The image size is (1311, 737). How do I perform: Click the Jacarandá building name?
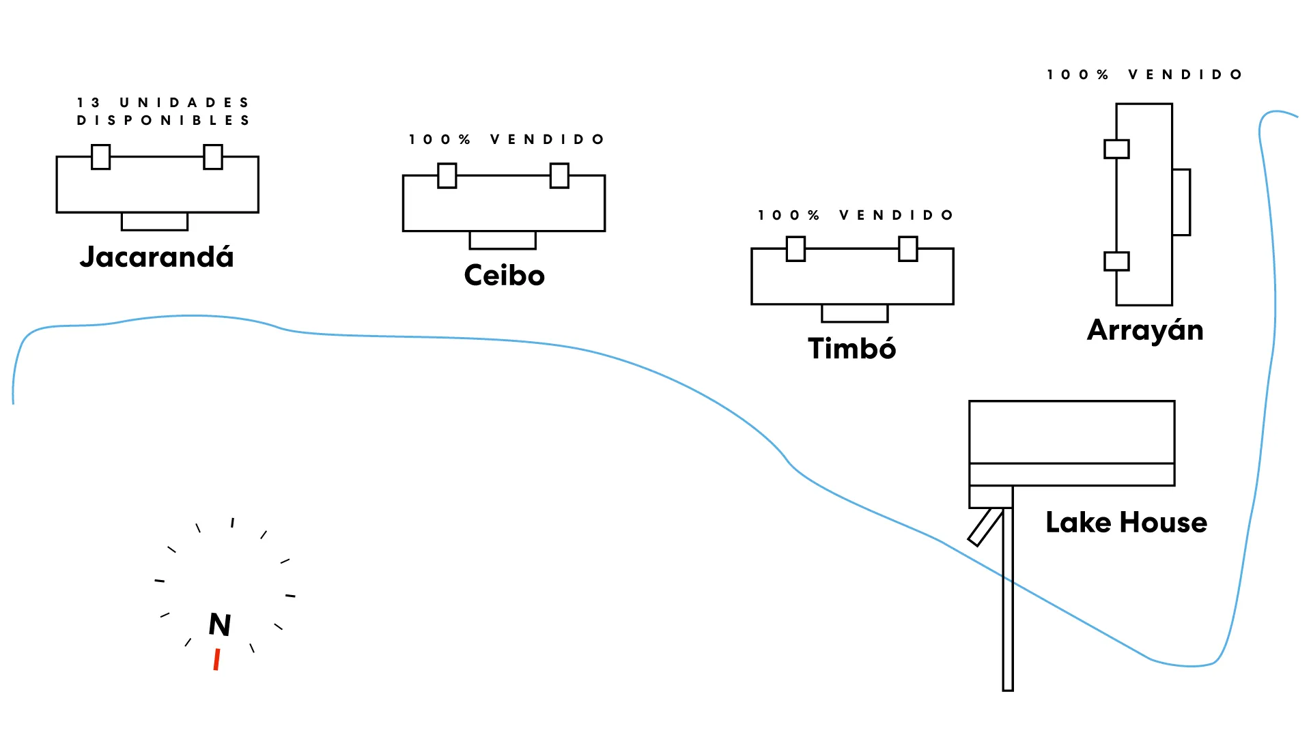click(156, 257)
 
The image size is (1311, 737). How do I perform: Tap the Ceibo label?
click(504, 276)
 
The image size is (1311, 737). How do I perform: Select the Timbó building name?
click(851, 349)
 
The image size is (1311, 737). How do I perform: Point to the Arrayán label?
click(1145, 331)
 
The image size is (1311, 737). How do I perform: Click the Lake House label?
click(1126, 523)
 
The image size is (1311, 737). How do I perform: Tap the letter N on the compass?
click(220, 624)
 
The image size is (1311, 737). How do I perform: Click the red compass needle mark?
click(216, 660)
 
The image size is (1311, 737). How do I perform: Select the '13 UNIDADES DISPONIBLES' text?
click(163, 111)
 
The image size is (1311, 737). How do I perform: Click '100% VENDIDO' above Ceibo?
click(507, 140)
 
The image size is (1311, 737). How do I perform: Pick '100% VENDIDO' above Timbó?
click(856, 216)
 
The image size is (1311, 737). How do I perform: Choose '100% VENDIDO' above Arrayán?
click(1144, 74)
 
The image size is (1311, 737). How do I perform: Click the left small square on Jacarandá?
click(101, 157)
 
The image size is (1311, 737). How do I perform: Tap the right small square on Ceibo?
click(559, 175)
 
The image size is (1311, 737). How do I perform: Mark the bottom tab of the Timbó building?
click(854, 313)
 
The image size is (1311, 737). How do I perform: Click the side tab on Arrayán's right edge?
click(1181, 202)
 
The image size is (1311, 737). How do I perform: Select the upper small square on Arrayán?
click(1116, 149)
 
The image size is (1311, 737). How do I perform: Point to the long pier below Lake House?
click(1008, 614)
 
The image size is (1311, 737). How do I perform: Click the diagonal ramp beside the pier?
click(985, 528)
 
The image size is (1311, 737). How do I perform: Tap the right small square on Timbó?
click(908, 249)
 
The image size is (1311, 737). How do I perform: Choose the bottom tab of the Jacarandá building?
click(154, 222)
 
